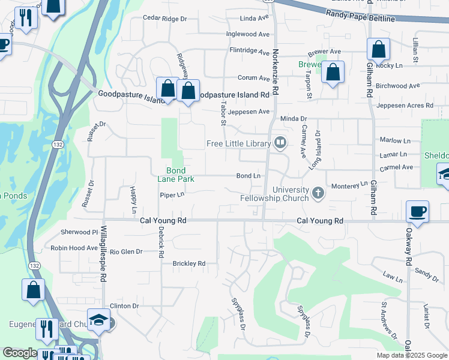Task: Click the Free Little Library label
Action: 238,143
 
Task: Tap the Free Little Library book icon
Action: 280,143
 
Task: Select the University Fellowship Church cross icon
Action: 318,193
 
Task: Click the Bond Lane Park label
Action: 175,175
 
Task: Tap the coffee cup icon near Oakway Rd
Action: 417,212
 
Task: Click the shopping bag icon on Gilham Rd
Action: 379,49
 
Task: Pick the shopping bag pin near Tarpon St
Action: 333,73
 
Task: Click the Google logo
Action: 20,353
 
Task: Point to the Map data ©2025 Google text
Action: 411,355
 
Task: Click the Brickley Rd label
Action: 188,263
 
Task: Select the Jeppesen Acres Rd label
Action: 405,106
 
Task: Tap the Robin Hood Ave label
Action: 74,248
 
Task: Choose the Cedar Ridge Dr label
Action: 165,19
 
